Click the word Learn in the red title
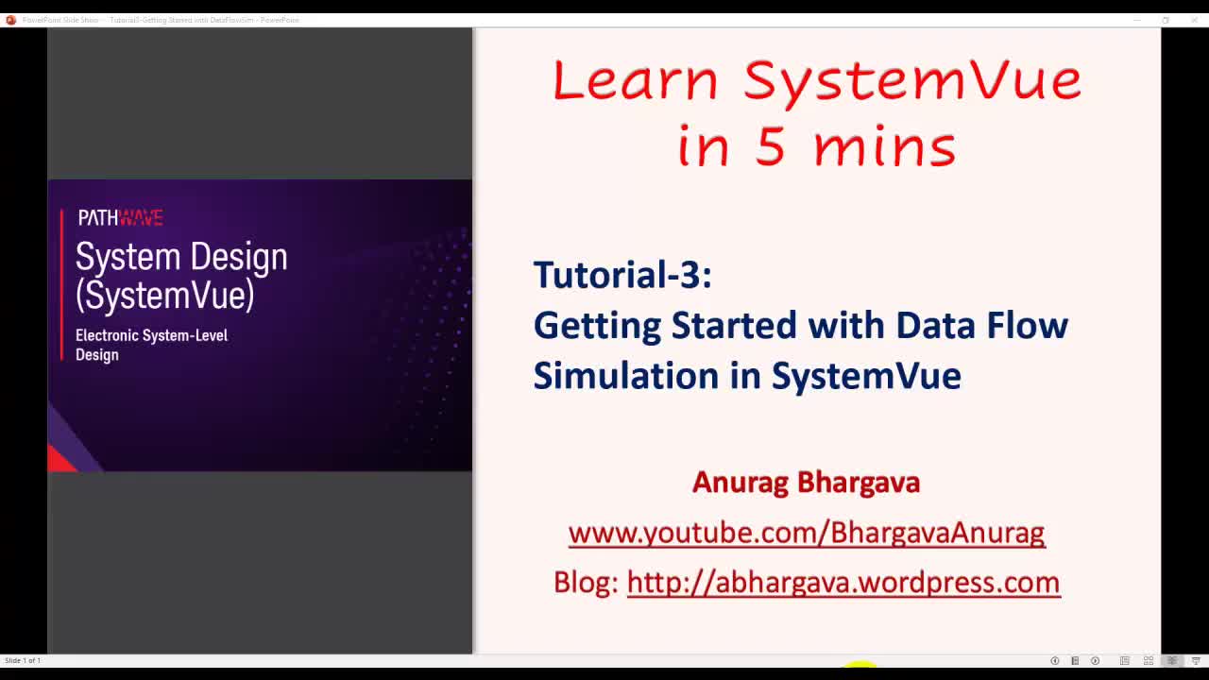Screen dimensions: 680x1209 coord(635,80)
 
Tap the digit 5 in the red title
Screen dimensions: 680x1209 coord(770,147)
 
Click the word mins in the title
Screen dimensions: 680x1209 coord(884,147)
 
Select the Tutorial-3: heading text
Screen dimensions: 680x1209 coord(622,275)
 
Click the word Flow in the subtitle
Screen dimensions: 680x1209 coord(1028,325)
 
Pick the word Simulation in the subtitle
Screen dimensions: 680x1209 coord(625,376)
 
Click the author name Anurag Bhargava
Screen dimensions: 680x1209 coord(806,483)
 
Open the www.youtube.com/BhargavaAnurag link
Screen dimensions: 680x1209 coord(806,533)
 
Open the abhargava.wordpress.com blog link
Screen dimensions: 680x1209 coord(843,583)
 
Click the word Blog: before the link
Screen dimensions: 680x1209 coord(586,583)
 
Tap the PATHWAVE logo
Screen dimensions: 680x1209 coord(120,218)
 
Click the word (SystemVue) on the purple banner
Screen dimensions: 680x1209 coord(165,296)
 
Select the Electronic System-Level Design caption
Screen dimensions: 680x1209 coord(151,345)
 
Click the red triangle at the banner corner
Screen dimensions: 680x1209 coord(60,460)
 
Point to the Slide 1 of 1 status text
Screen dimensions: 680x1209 coord(23,660)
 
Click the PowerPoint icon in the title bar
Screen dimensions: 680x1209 coord(10,20)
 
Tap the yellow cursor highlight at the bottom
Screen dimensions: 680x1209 coord(860,666)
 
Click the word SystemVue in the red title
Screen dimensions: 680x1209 coord(911,80)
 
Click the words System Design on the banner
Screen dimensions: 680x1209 coord(181,257)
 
